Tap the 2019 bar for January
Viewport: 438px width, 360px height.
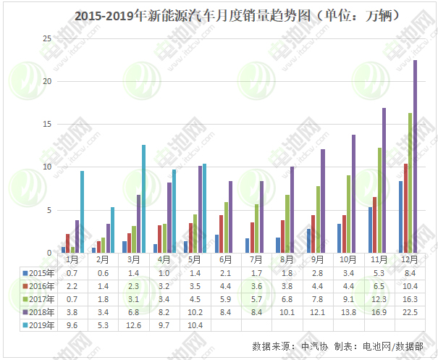click(82, 212)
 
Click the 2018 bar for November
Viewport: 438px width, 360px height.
click(384, 180)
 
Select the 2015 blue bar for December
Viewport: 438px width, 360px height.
click(400, 217)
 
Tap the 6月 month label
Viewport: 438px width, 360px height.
click(225, 259)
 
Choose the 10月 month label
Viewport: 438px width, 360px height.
click(348, 259)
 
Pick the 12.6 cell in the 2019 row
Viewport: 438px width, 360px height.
click(133, 325)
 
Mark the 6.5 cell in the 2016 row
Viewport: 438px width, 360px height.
click(378, 286)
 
